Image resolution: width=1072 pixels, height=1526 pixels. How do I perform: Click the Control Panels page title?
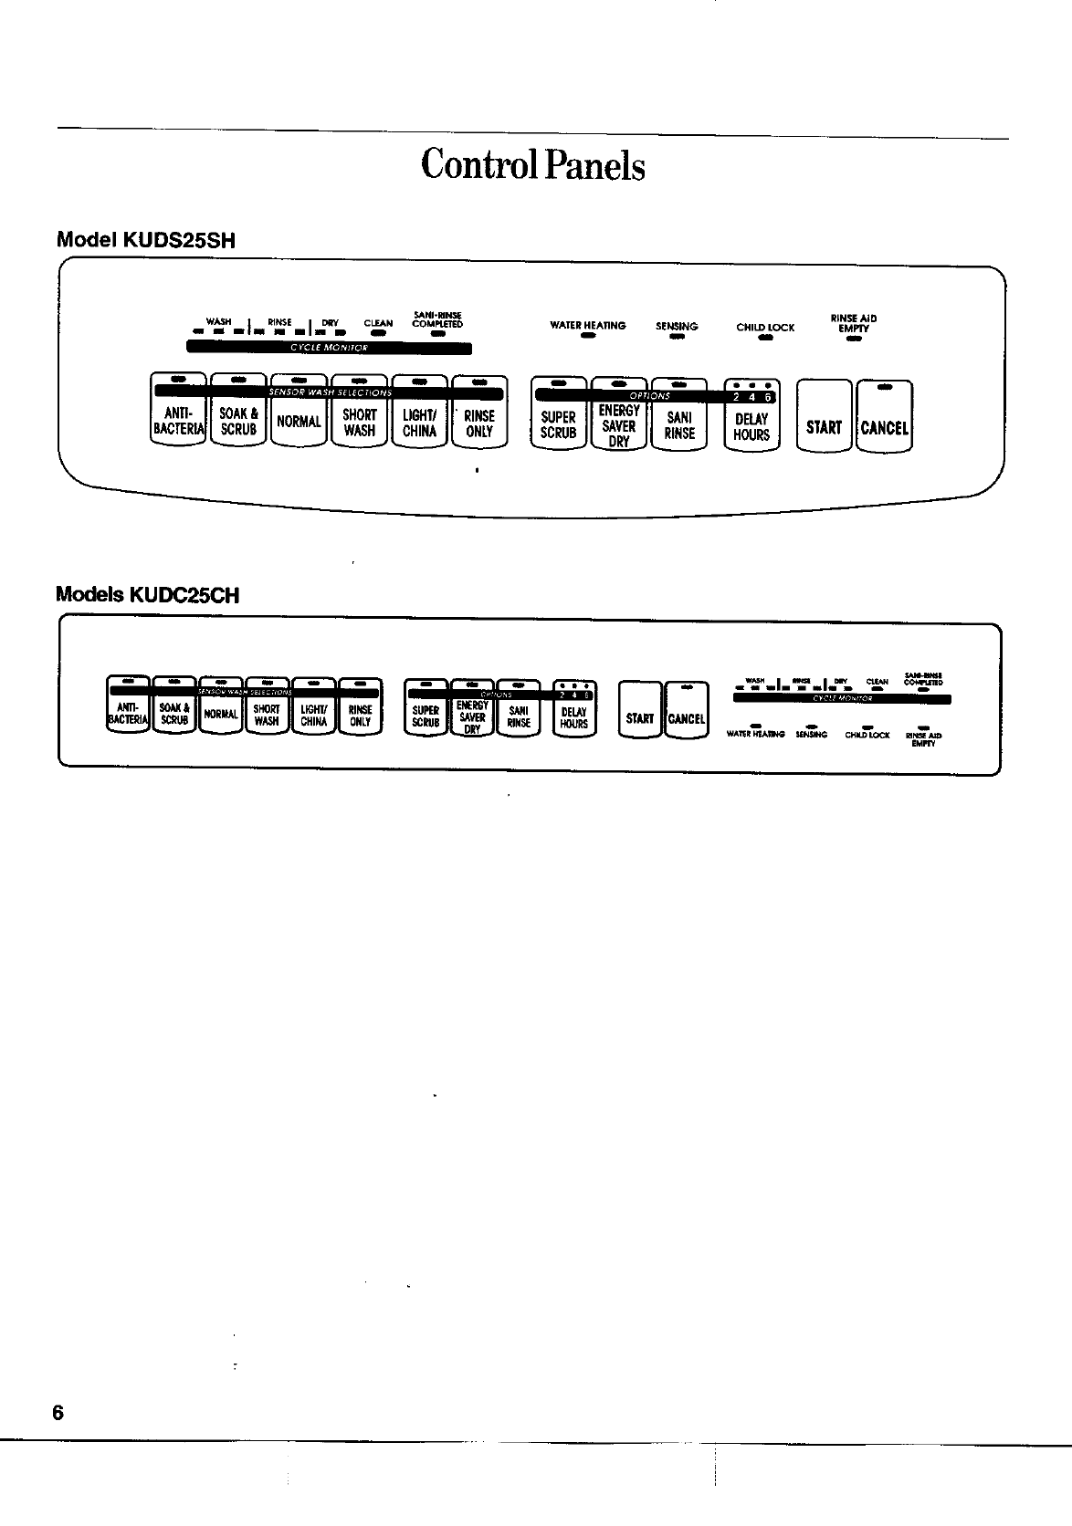point(533,166)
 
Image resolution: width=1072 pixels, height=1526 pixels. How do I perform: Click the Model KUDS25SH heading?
point(146,241)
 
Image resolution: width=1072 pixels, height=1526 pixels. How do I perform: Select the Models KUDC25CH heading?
point(148,595)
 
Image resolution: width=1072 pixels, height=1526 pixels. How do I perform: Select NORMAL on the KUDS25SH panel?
point(299,422)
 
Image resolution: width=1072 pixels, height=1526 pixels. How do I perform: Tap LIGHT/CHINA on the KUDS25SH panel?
point(419,423)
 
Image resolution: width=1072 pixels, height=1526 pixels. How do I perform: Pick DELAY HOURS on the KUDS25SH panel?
point(751,425)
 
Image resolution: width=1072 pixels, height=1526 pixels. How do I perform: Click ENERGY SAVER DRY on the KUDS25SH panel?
point(618,425)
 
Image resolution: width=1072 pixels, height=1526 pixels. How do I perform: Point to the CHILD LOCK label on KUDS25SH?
point(765,327)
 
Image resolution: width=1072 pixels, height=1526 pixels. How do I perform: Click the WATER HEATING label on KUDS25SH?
point(587,325)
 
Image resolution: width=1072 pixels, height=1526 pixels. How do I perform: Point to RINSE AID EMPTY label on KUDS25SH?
point(854,323)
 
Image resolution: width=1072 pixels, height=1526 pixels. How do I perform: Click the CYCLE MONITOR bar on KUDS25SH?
point(329,348)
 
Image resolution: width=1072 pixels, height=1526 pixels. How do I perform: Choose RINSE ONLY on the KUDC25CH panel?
point(361,715)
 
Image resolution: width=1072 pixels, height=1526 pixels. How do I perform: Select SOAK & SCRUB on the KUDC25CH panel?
point(173,714)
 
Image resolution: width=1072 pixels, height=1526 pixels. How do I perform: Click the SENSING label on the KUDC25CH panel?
point(811,734)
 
